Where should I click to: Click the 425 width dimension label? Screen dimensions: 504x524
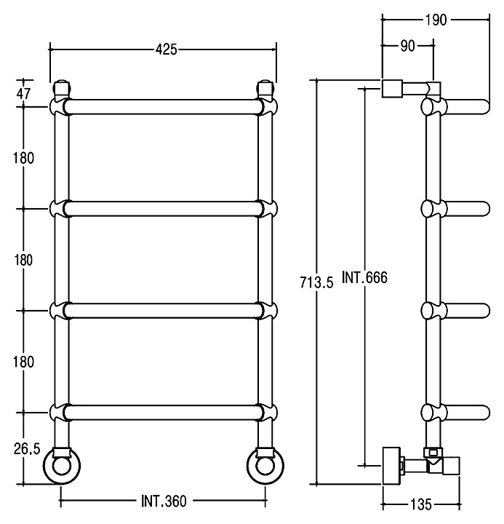[166, 49]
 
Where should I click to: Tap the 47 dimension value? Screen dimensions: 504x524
[23, 94]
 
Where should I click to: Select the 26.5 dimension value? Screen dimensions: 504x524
[27, 449]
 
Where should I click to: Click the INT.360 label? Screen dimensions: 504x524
[164, 501]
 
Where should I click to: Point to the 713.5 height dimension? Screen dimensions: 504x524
[316, 282]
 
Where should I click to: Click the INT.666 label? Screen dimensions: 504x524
[364, 277]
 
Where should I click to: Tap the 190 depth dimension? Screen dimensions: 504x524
[436, 20]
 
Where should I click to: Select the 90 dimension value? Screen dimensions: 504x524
[407, 46]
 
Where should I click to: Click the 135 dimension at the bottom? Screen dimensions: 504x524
[421, 504]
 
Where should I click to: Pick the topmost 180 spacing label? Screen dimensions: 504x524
[23, 158]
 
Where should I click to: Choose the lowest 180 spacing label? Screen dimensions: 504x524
[23, 362]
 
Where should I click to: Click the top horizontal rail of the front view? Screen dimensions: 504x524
[164, 107]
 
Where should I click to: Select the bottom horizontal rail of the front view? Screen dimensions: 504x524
[164, 413]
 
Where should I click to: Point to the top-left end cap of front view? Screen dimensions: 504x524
[62, 87]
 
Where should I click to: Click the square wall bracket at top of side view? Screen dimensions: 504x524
[392, 89]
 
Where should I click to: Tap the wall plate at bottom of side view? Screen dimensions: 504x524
[391, 466]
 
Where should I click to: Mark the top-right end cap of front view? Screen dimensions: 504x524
[265, 87]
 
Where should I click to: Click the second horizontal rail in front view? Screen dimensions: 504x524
[164, 209]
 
